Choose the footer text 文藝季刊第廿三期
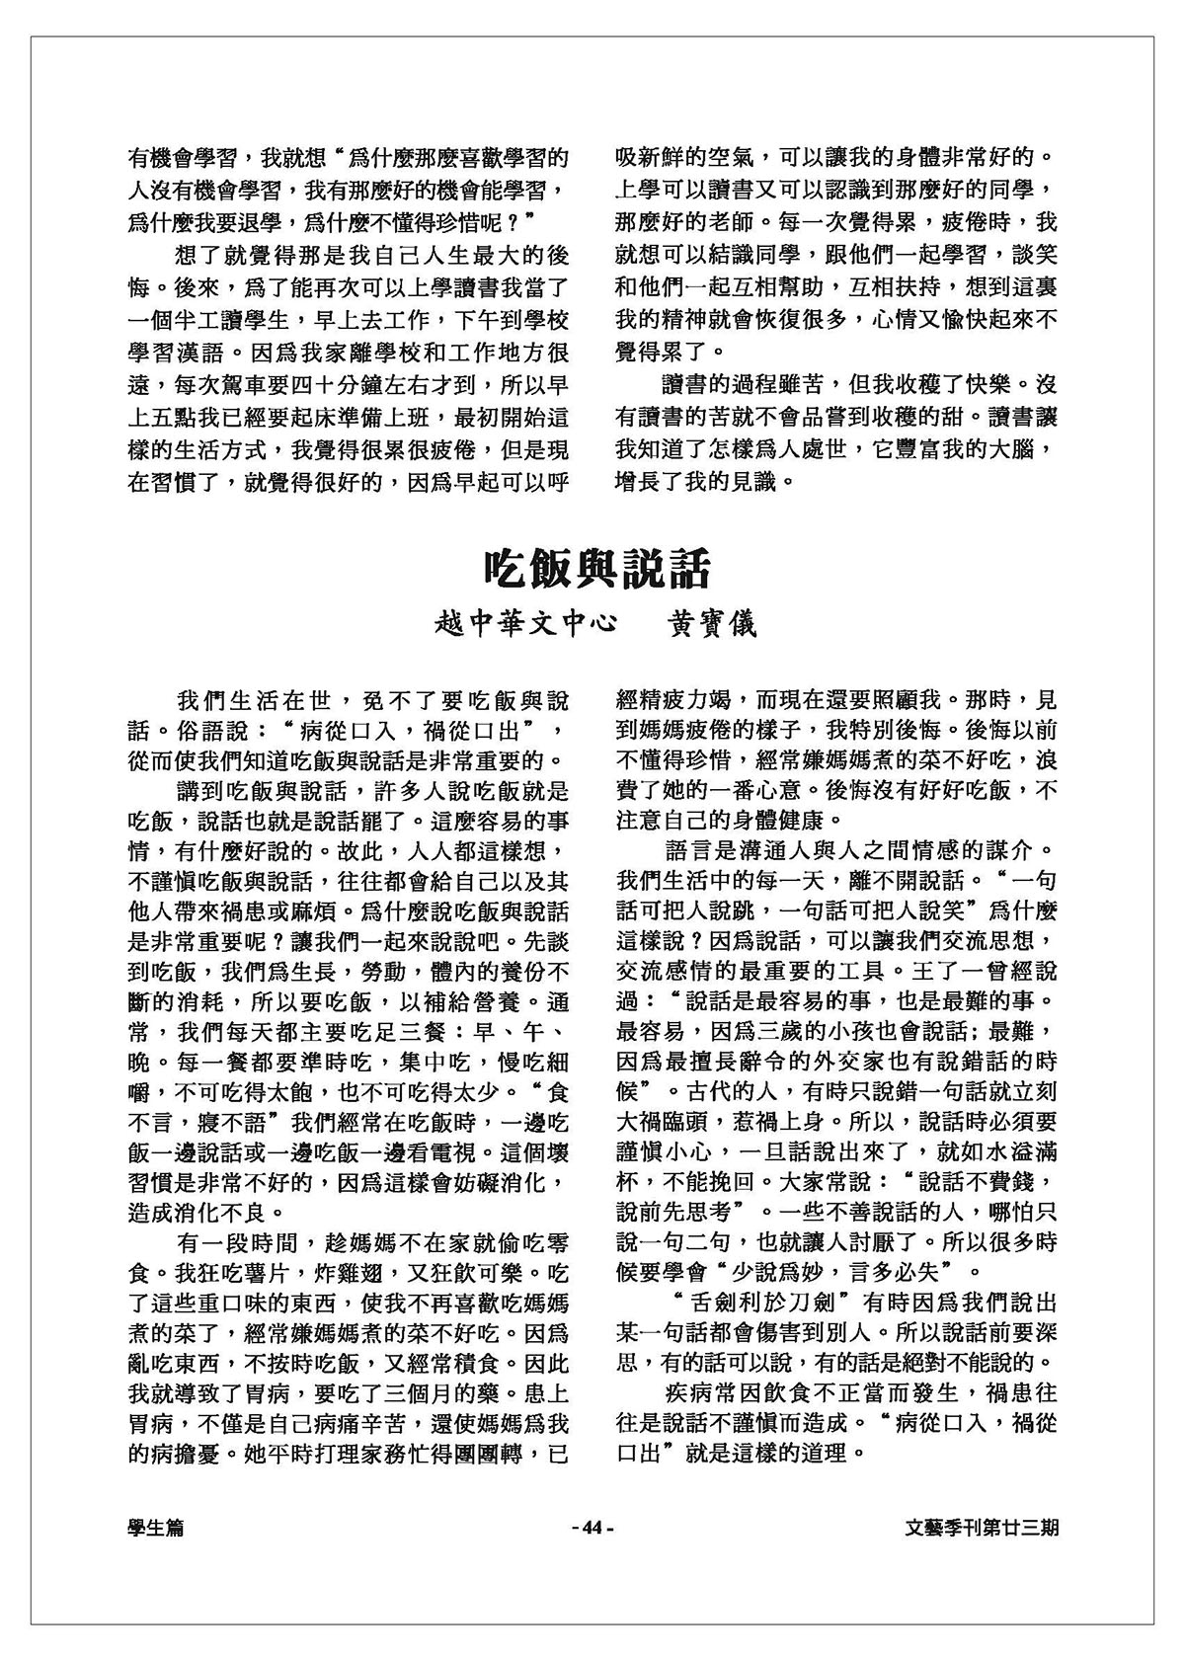click(x=983, y=1528)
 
